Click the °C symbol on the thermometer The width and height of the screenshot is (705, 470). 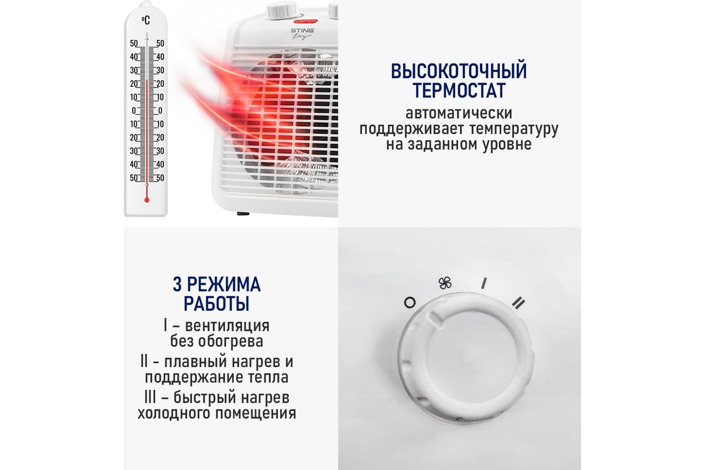(146, 21)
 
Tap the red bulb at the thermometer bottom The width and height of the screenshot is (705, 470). (147, 200)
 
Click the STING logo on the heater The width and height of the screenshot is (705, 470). (302, 31)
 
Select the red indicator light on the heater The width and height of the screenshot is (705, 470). (305, 21)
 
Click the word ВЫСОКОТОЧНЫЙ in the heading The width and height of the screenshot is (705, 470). (459, 71)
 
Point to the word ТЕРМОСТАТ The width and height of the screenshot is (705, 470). (459, 90)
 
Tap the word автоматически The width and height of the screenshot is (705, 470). (459, 113)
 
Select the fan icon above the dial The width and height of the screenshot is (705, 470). (445, 283)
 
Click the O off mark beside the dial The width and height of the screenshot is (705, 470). (409, 303)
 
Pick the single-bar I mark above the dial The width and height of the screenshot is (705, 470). (484, 283)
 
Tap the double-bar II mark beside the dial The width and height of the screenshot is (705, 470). (518, 303)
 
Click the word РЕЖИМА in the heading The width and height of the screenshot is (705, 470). (224, 284)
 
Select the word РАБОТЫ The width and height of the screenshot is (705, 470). (217, 304)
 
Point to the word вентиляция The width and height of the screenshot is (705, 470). (227, 326)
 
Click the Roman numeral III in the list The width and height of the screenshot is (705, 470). (150, 397)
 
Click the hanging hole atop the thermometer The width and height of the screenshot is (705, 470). (146, 4)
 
